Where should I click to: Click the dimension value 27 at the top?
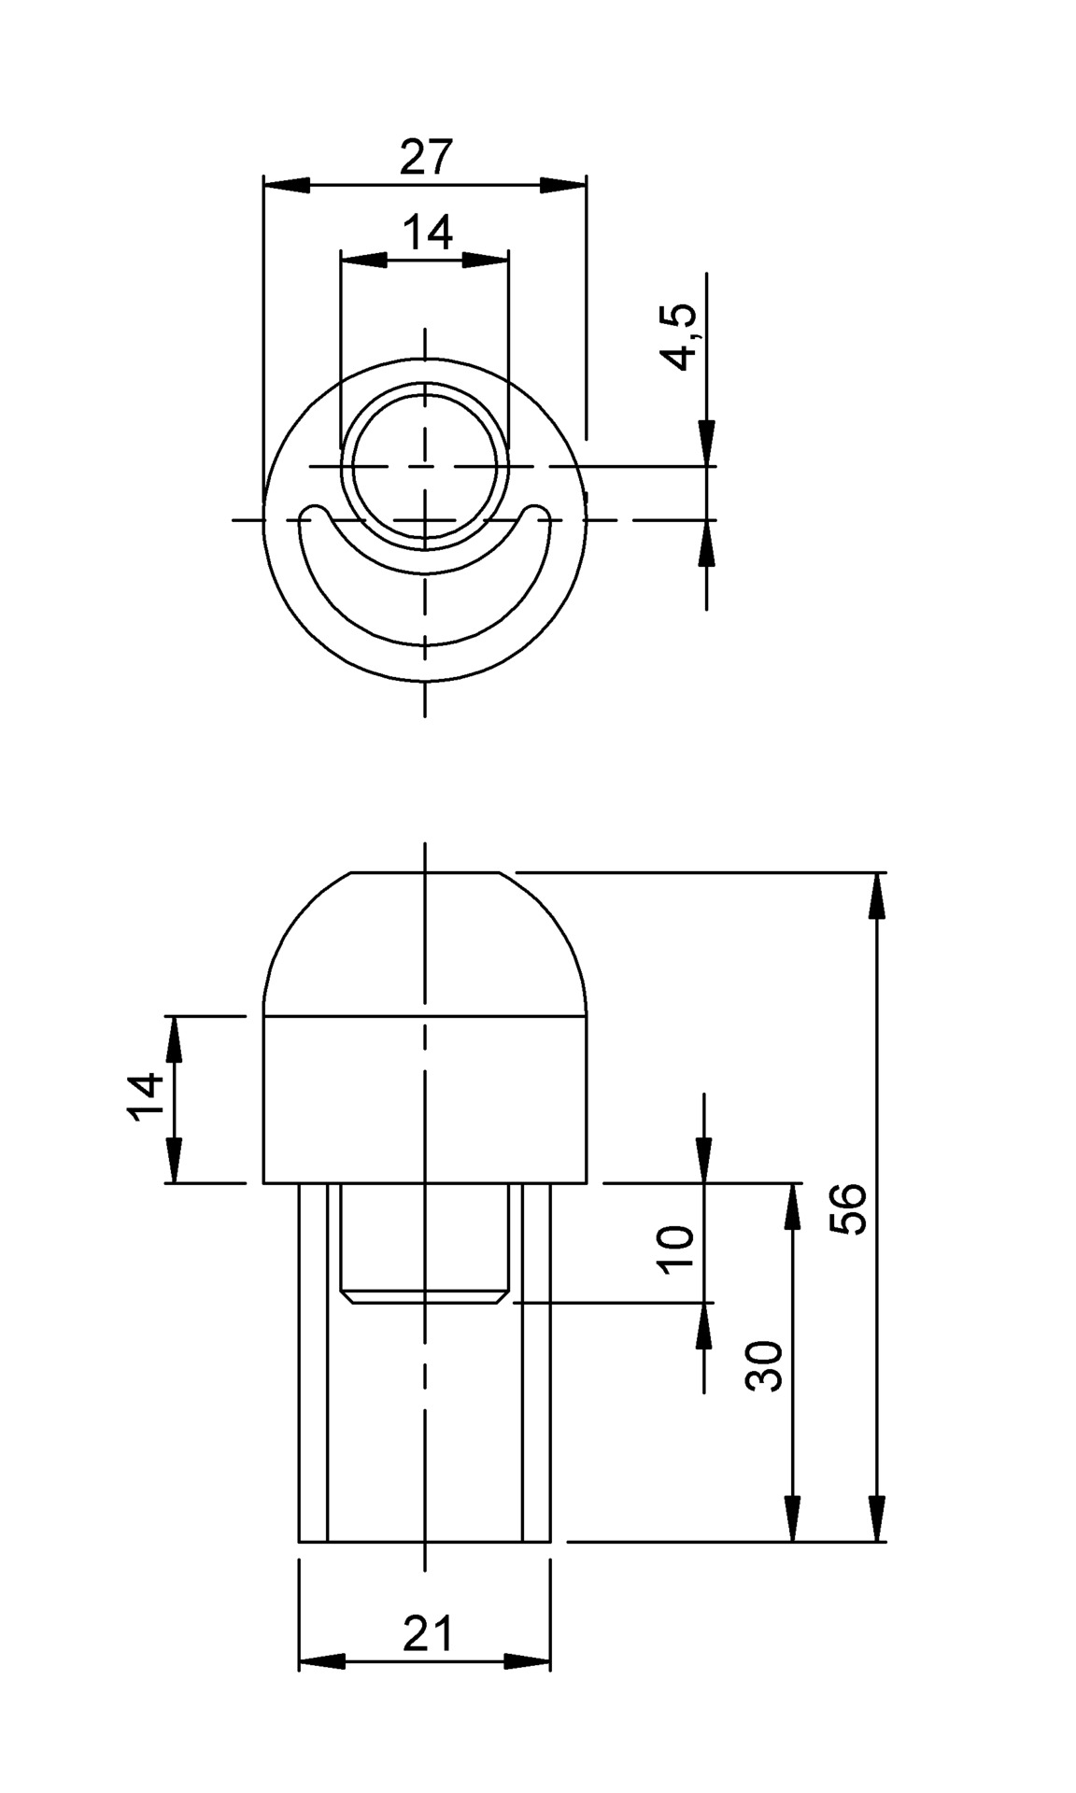point(426,157)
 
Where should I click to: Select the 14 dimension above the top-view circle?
point(428,232)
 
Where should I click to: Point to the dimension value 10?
point(675,1249)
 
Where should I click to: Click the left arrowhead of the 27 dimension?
point(286,186)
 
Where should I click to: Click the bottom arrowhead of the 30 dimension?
point(792,1517)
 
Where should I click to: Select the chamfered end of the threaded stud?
point(425,1296)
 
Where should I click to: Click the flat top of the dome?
point(425,873)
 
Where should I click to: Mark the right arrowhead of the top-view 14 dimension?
point(487,260)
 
